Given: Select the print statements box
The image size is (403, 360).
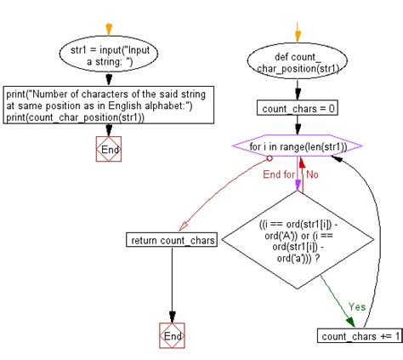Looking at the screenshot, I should coord(108,105).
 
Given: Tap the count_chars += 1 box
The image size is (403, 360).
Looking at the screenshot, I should coord(360,337).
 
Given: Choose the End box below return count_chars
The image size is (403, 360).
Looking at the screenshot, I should coord(173,336).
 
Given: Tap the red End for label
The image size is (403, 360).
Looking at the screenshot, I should coord(280,174).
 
